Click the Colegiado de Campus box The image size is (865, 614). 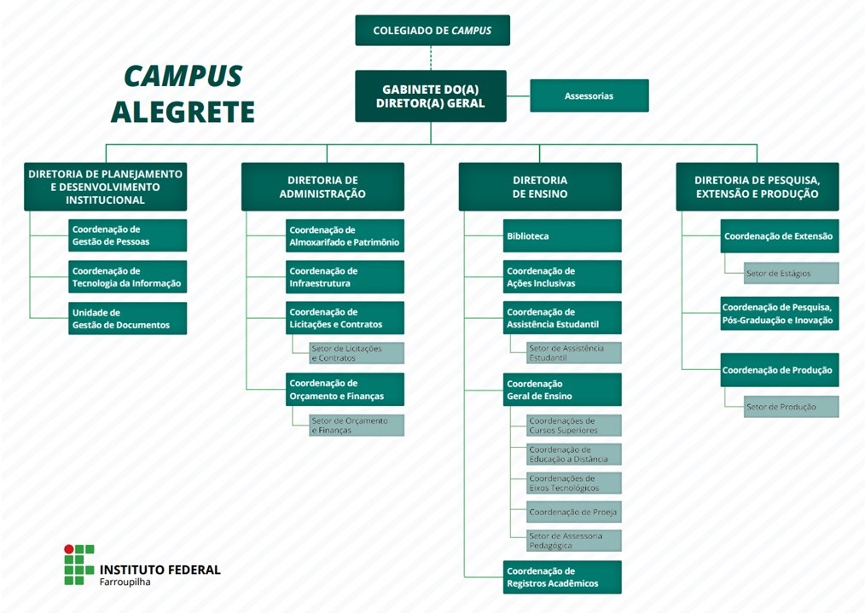point(432,31)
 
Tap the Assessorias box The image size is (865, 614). point(589,96)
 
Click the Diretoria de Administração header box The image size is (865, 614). point(322,187)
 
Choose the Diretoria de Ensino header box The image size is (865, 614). point(539,187)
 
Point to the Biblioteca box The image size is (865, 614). point(562,235)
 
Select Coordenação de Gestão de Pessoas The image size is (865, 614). point(127,235)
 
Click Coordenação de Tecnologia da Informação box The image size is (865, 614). point(127,276)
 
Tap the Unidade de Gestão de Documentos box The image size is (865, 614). point(127,318)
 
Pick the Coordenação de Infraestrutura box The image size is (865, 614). point(345,276)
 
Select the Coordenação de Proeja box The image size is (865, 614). point(573,512)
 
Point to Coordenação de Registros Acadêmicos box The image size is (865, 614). point(562,577)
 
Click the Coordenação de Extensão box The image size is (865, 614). point(779,235)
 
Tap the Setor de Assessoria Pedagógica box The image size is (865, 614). point(573,541)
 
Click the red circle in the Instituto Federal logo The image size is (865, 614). point(70,549)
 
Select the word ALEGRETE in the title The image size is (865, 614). point(183,112)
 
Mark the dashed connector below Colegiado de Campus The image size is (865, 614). point(431,58)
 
